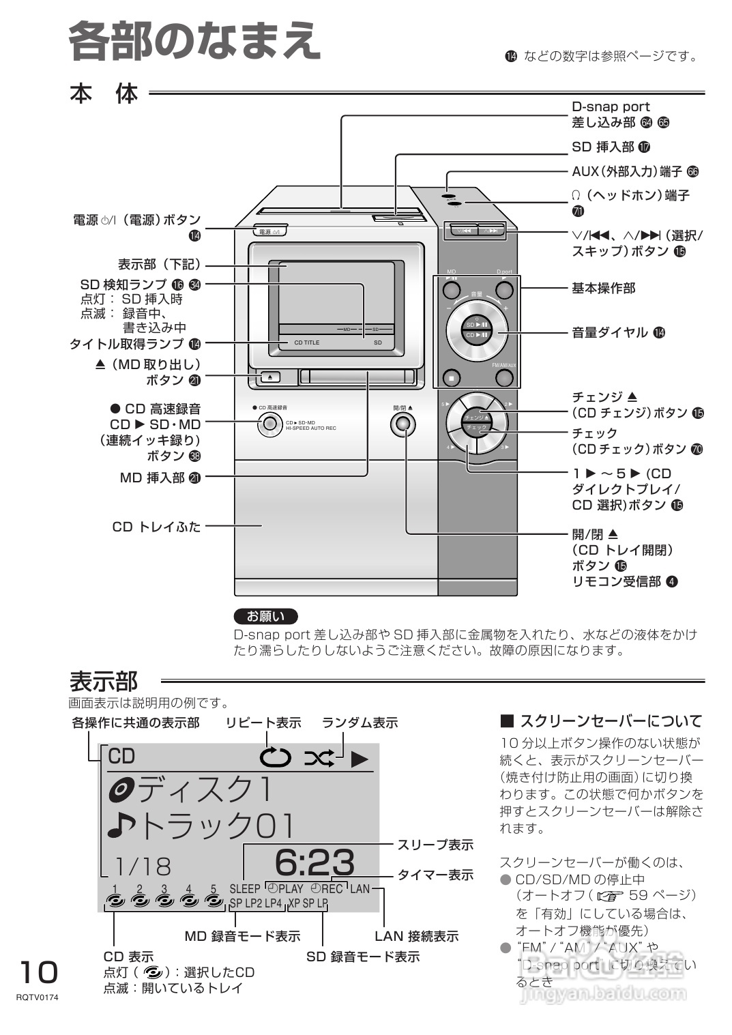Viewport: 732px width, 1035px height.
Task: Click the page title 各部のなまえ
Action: [x=194, y=41]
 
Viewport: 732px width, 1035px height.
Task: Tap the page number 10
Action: [x=38, y=972]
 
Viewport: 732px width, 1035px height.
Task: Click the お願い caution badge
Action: [x=265, y=616]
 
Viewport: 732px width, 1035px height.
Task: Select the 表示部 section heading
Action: [x=104, y=681]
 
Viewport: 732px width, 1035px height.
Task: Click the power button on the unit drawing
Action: [x=270, y=231]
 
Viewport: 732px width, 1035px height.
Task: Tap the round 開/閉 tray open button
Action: [x=402, y=424]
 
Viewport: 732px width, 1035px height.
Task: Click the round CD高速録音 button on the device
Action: [x=270, y=424]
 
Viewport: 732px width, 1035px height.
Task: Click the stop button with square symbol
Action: [x=451, y=377]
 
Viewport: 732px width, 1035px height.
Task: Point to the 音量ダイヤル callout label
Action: [x=610, y=332]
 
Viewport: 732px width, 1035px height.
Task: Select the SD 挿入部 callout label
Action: [x=603, y=147]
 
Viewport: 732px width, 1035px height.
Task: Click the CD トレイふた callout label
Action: [x=156, y=527]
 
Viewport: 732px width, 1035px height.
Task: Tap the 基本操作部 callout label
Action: [x=603, y=288]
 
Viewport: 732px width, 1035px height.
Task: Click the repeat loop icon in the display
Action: [x=275, y=757]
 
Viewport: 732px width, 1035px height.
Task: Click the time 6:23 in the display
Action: [x=314, y=862]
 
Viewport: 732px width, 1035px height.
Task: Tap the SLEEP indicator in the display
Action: [x=245, y=888]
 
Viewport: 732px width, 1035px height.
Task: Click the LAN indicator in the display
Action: [x=360, y=888]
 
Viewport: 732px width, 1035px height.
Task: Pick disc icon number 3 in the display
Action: [x=164, y=899]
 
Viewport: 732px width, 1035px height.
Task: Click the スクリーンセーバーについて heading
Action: [x=610, y=721]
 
